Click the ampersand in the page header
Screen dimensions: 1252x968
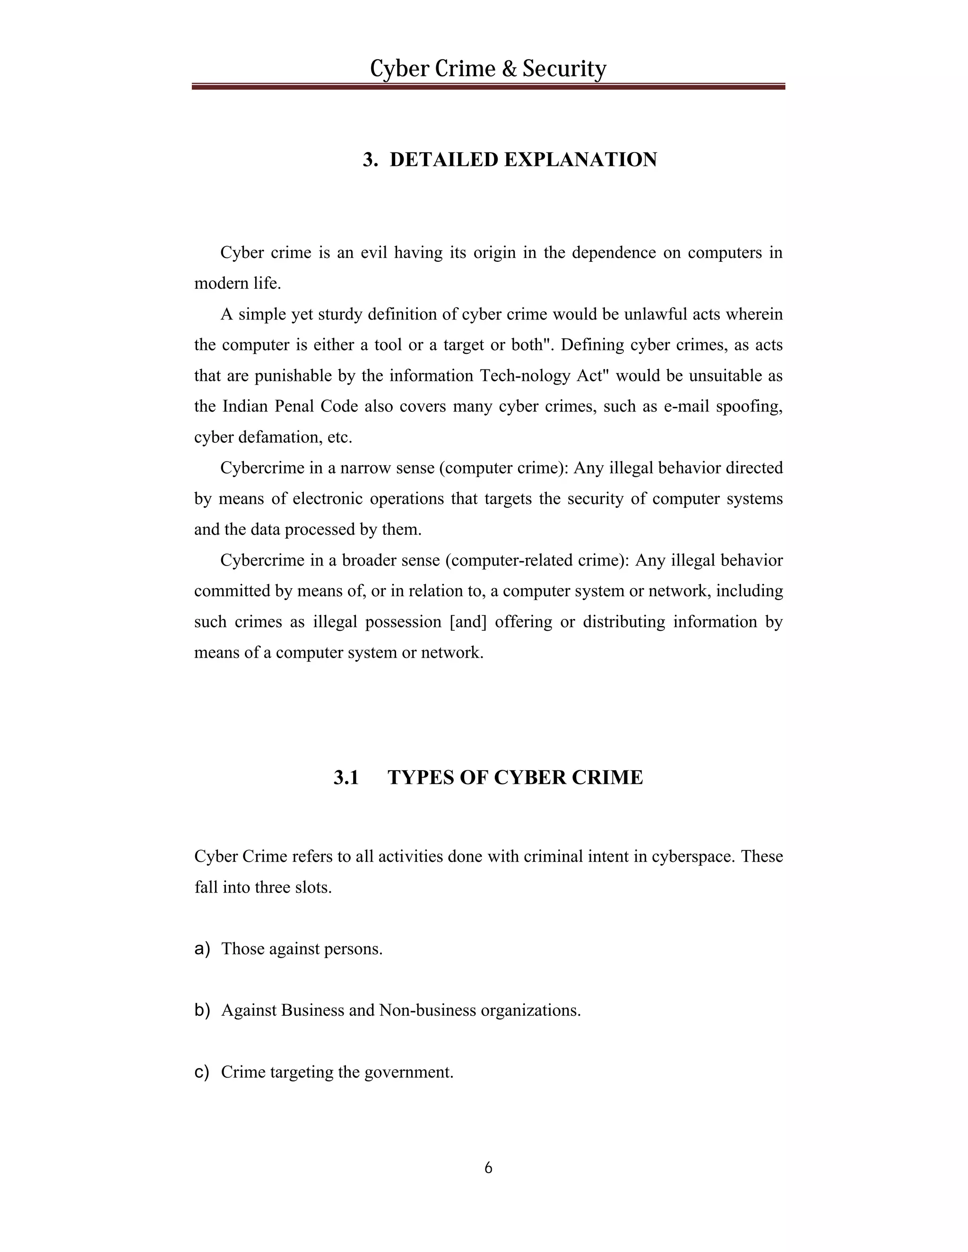pyautogui.click(x=509, y=69)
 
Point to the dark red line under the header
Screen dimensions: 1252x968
pyautogui.click(x=487, y=86)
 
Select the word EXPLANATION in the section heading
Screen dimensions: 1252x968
pyautogui.click(x=580, y=160)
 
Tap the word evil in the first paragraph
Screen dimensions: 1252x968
pyautogui.click(x=373, y=253)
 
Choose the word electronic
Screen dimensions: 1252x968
pyautogui.click(x=328, y=499)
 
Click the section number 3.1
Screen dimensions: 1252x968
pyautogui.click(x=346, y=778)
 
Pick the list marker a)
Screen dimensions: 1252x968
pyautogui.click(x=202, y=949)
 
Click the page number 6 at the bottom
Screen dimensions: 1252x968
pyautogui.click(x=488, y=1168)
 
